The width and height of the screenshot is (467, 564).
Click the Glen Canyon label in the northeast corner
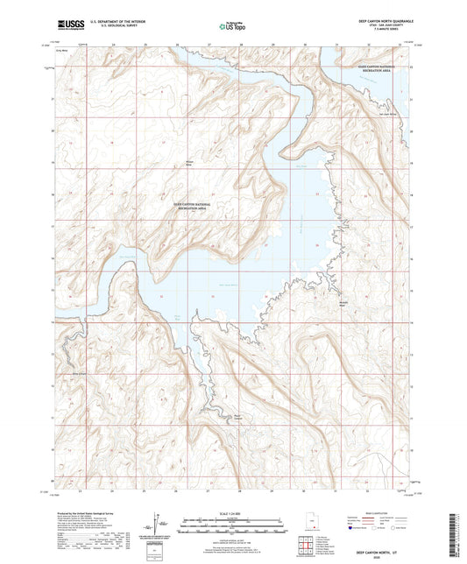pyautogui.click(x=379, y=68)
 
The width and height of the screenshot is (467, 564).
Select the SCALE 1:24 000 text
pyautogui.click(x=233, y=512)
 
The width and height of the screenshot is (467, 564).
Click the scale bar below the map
pyautogui.click(x=233, y=526)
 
